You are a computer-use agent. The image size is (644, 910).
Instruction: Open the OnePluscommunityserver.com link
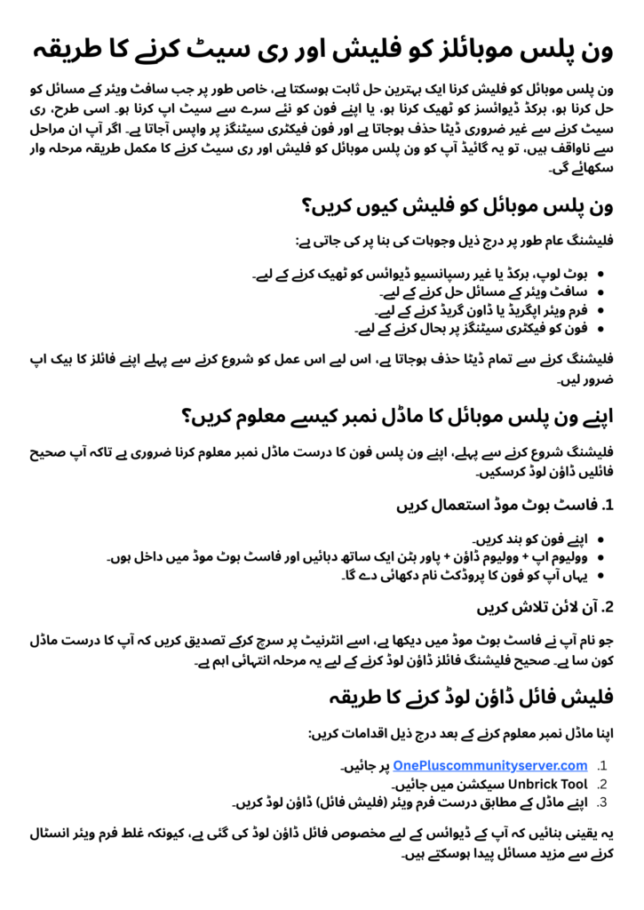tap(489, 765)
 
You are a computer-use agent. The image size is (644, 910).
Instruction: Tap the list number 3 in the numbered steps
tap(601, 802)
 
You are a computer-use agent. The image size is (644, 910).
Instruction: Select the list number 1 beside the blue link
tap(602, 765)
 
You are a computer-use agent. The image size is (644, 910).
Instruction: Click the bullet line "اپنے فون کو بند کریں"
tap(533, 539)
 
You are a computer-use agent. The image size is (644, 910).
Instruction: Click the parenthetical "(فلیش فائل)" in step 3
tap(337, 802)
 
